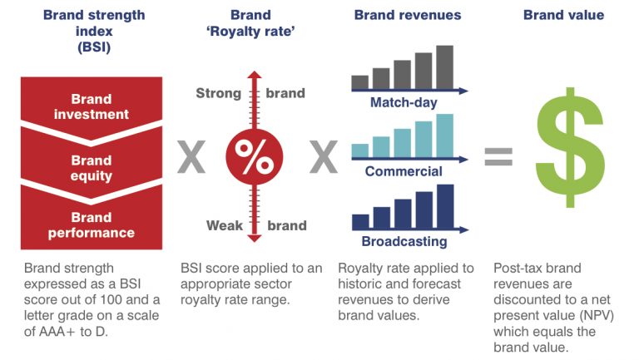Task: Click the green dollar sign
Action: click(570, 147)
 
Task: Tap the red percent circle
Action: click(255, 157)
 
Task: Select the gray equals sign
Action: click(498, 157)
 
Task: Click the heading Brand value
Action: click(563, 15)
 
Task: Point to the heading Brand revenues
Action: click(408, 15)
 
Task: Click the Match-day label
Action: click(404, 102)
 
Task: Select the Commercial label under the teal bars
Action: click(404, 171)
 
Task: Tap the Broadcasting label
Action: click(404, 241)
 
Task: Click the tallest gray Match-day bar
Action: click(444, 67)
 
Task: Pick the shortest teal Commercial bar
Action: click(359, 150)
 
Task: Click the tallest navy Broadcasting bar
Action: click(445, 206)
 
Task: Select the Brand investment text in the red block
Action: click(92, 106)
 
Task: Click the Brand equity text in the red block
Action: click(92, 168)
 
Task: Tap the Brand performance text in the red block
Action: click(92, 225)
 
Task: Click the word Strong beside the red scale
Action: click(219, 93)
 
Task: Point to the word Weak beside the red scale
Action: click(225, 225)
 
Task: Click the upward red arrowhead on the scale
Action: click(255, 75)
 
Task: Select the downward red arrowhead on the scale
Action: click(255, 239)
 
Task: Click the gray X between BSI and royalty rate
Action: click(191, 157)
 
